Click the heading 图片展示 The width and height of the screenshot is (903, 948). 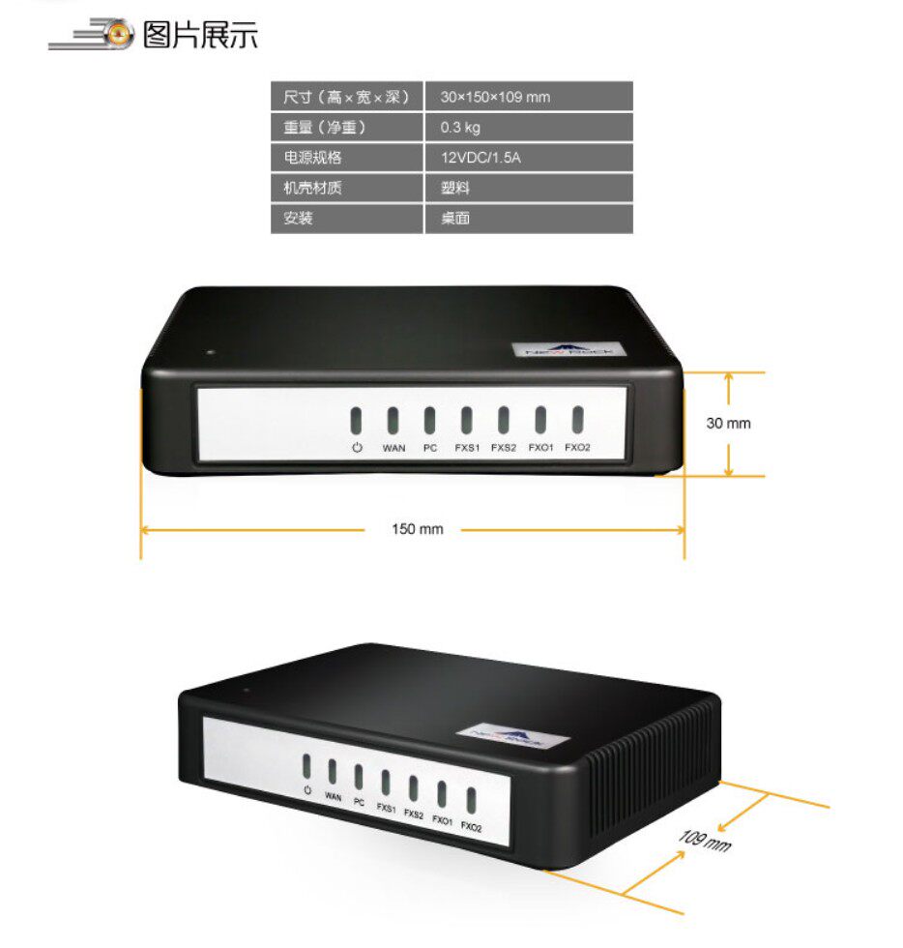[200, 36]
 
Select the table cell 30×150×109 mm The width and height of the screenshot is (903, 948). [495, 97]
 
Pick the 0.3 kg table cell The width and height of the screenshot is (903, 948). [460, 127]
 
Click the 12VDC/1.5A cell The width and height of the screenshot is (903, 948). [481, 158]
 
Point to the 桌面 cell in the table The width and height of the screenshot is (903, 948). [455, 219]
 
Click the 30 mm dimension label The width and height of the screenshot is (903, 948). [728, 423]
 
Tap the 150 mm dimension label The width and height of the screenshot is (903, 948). [417, 529]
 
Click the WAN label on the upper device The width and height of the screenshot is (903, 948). [393, 448]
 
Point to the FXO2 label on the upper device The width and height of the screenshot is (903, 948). [577, 448]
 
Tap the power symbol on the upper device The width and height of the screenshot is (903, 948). [357, 447]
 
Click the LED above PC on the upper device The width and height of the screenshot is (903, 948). [429, 420]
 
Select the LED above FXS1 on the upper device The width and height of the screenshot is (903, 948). [466, 420]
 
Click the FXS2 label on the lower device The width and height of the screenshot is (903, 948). [414, 815]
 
